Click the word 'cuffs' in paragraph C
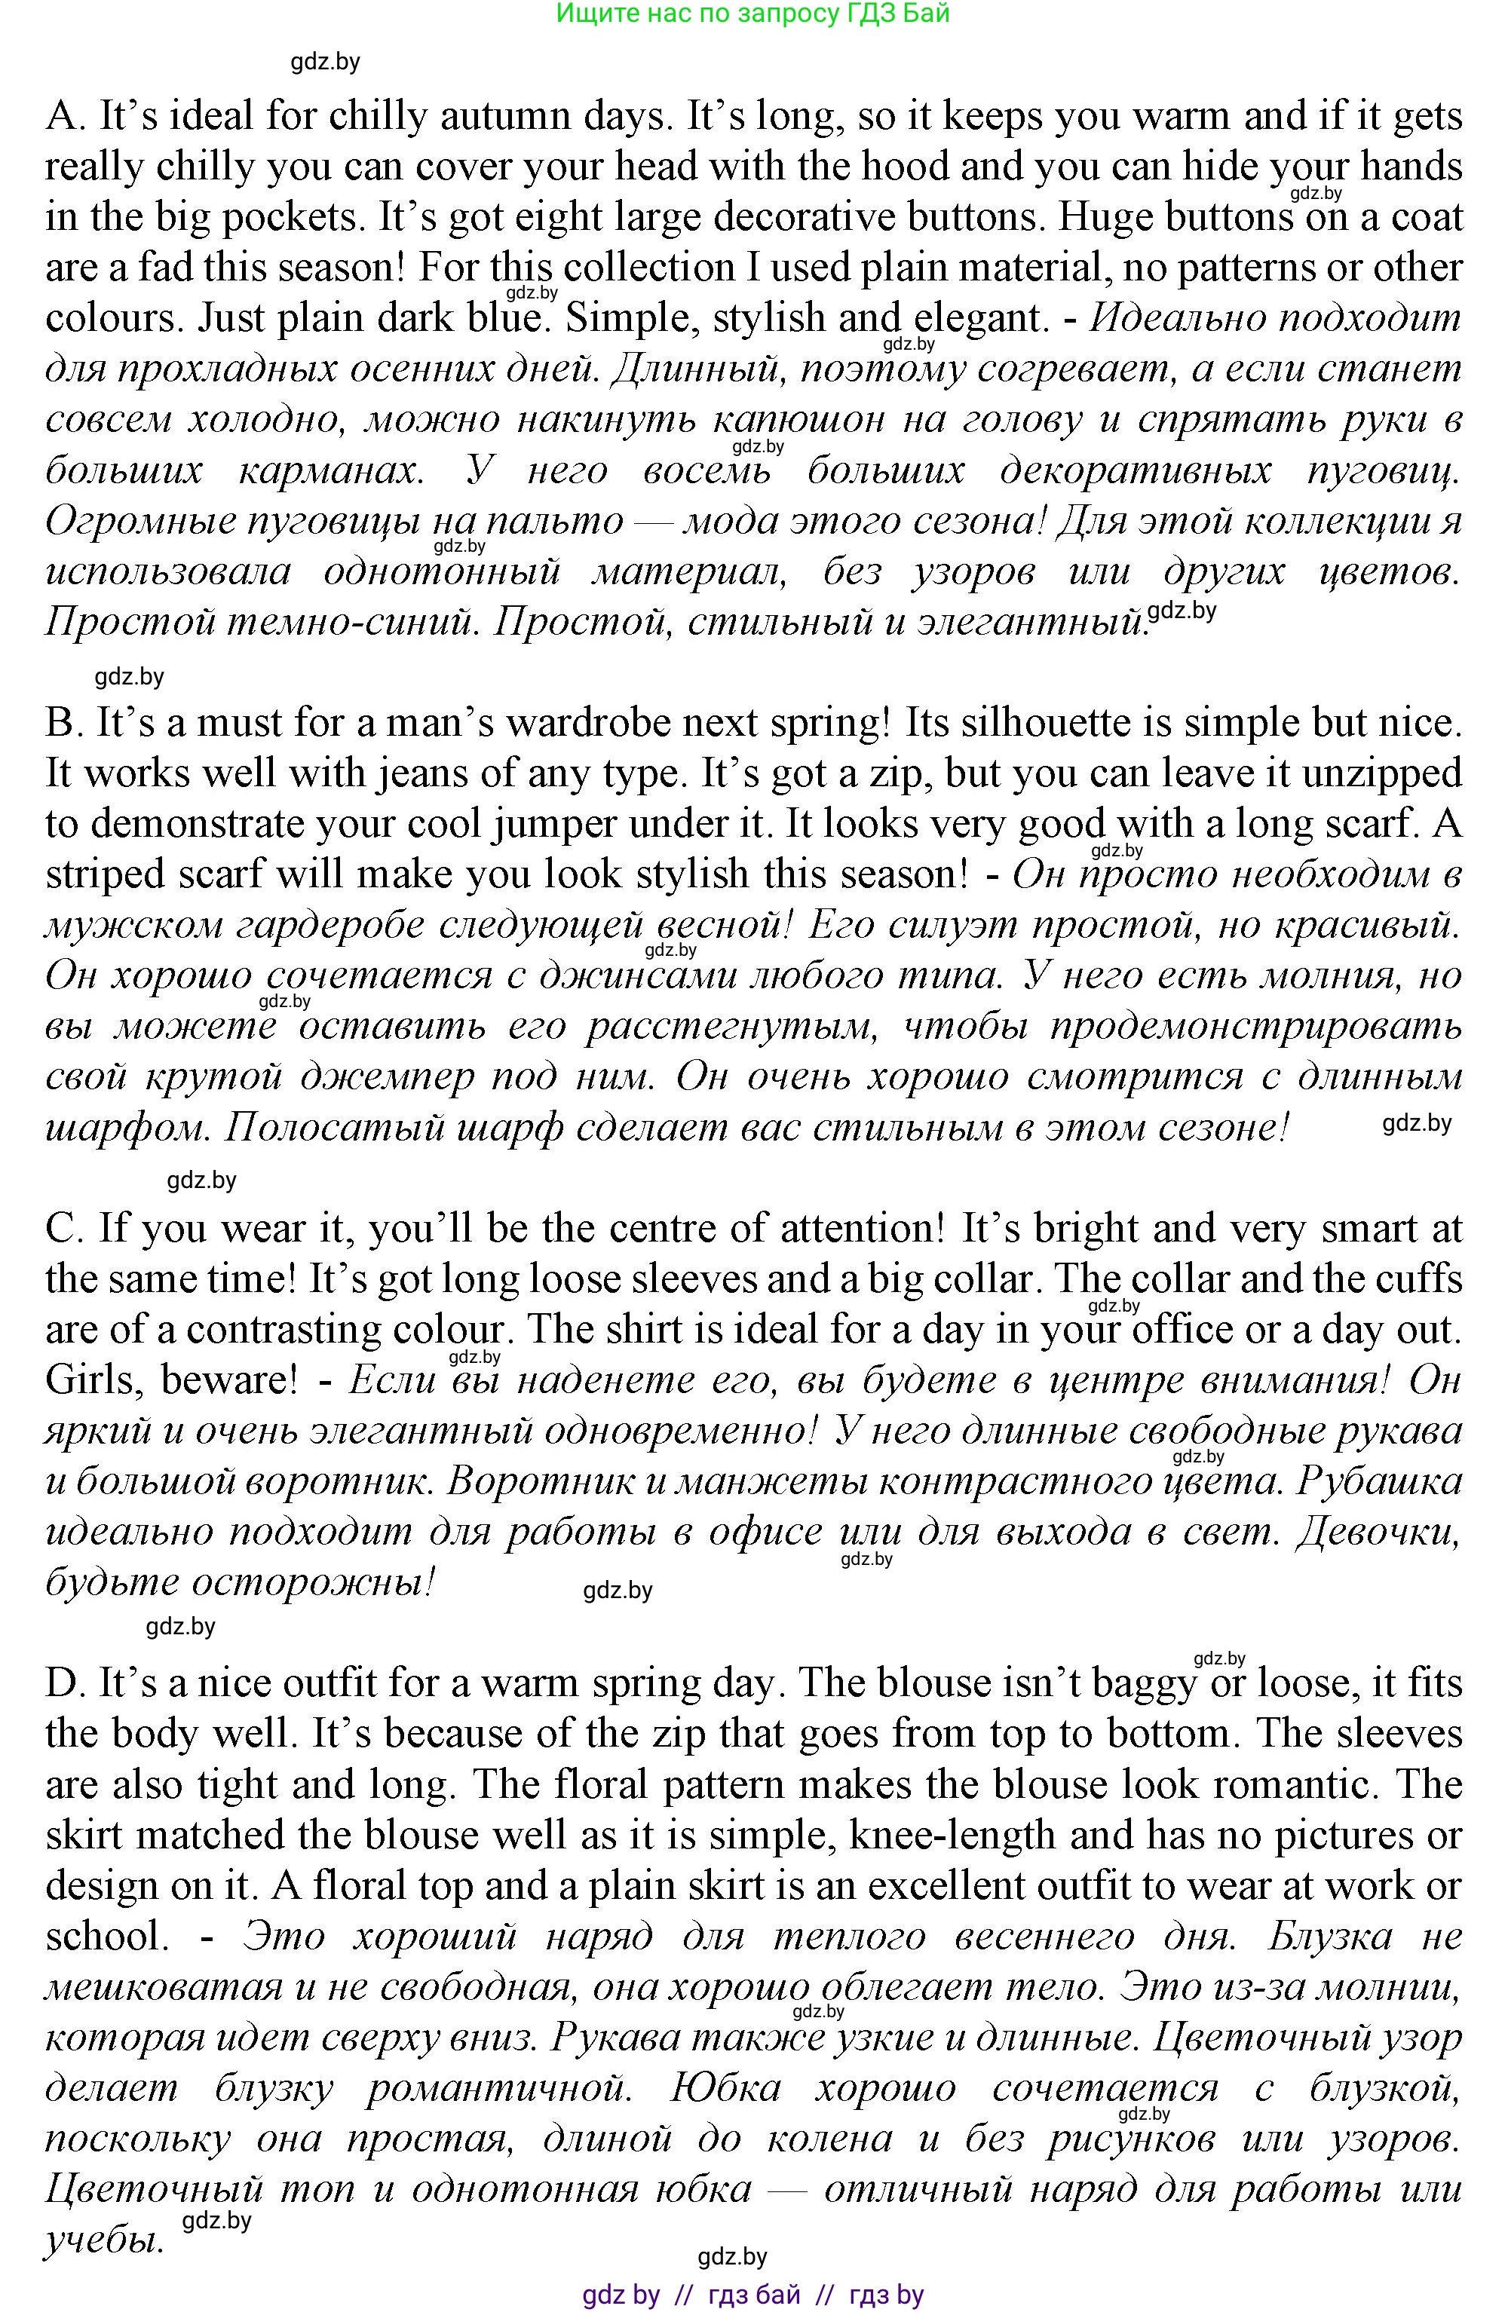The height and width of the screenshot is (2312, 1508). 1424,1279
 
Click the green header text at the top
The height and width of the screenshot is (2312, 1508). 753,14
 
